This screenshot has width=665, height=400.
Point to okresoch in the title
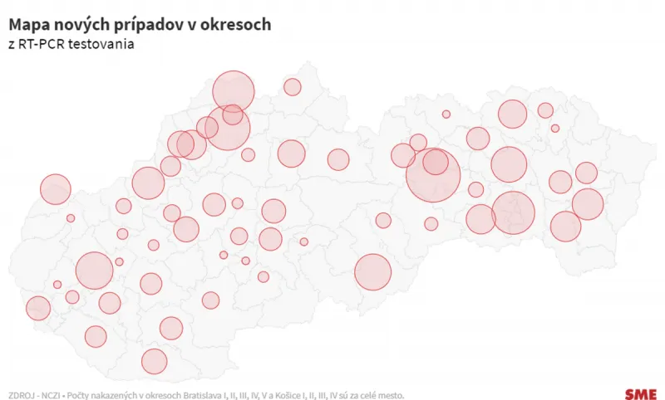(x=236, y=26)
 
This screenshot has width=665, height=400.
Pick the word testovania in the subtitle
(x=105, y=44)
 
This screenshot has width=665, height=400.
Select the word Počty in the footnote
(x=79, y=393)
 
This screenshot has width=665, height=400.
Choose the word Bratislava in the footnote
(x=204, y=393)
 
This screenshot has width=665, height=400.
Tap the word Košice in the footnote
(x=287, y=393)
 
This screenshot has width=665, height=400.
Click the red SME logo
(x=640, y=393)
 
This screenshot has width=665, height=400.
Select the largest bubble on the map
(x=433, y=175)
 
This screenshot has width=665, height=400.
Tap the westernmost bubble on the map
(x=38, y=309)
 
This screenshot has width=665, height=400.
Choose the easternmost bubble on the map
(x=587, y=204)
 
